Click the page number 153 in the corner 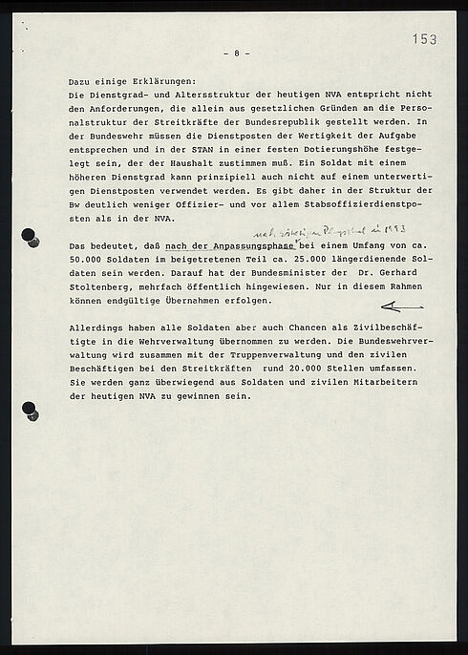click(x=425, y=38)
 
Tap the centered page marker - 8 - click(x=235, y=53)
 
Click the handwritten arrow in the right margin click(x=400, y=306)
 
